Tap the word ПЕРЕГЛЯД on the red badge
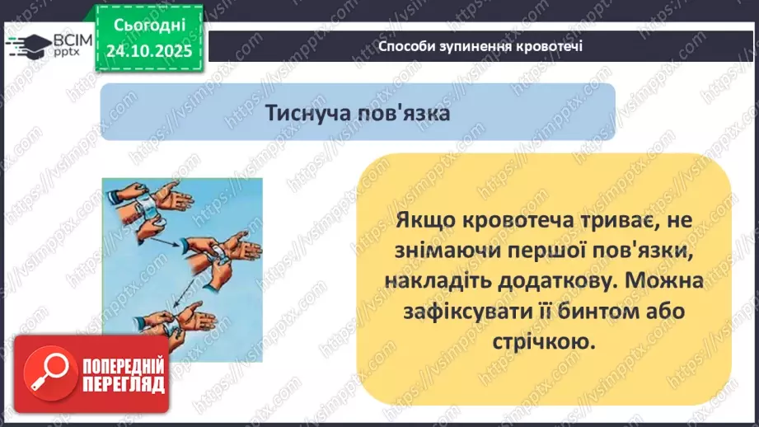coord(123,384)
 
